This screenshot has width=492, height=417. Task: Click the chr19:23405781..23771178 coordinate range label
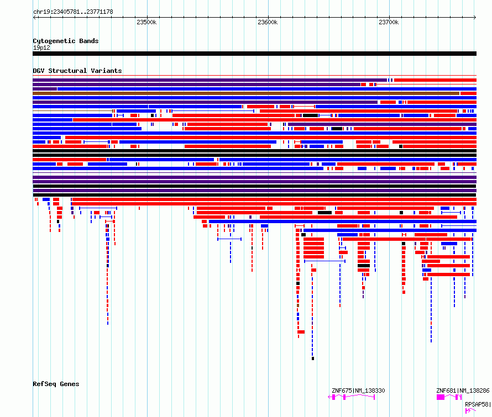(x=73, y=12)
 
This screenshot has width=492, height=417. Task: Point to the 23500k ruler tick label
(x=146, y=22)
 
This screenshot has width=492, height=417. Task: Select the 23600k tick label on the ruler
(x=268, y=22)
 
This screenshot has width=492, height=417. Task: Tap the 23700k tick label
(x=389, y=22)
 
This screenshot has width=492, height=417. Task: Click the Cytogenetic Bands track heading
(x=66, y=41)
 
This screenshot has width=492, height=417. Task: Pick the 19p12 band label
(x=41, y=47)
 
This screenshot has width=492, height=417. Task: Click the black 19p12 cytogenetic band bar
(x=254, y=54)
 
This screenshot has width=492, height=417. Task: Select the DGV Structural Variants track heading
(x=77, y=71)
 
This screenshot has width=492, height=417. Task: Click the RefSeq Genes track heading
(x=56, y=384)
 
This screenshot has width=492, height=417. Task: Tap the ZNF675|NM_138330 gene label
(x=358, y=390)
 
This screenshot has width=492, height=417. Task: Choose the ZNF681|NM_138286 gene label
(x=463, y=390)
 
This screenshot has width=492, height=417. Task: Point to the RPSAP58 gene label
(x=478, y=404)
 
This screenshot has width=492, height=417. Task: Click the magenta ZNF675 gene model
(x=352, y=397)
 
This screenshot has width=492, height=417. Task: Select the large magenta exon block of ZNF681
(x=441, y=397)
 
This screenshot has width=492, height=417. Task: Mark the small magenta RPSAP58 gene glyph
(x=470, y=411)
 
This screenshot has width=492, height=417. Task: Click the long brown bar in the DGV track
(x=246, y=93)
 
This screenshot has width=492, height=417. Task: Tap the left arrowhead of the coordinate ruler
(x=34, y=17)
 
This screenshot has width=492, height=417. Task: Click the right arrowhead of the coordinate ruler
(x=475, y=17)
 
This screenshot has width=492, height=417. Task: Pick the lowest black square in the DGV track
(x=313, y=358)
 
